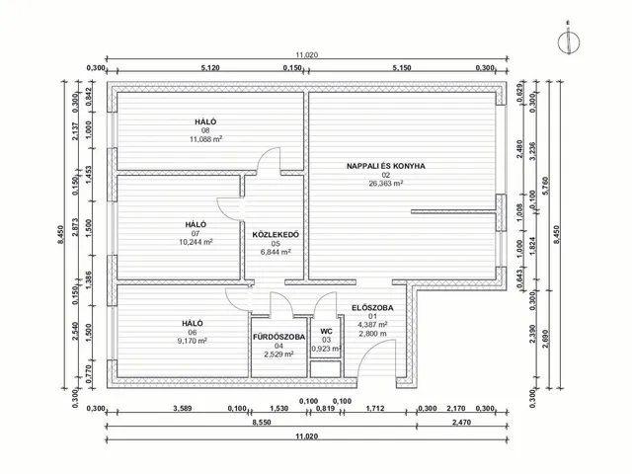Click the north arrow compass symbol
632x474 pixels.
(567, 40)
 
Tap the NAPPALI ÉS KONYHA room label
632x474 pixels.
(385, 166)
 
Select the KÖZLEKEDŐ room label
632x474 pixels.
(276, 234)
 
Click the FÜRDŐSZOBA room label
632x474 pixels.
(279, 337)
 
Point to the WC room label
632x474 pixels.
(326, 331)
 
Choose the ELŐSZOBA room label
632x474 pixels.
(372, 308)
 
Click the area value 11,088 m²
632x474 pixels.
(205, 139)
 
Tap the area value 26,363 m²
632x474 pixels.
(385, 184)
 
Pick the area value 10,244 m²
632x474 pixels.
(196, 242)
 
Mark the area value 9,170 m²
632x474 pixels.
(192, 342)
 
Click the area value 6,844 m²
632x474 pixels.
(276, 252)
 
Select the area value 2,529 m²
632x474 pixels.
(279, 355)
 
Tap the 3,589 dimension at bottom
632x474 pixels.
(181, 407)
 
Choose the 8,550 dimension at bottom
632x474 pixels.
(261, 422)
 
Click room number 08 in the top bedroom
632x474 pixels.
(205, 130)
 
